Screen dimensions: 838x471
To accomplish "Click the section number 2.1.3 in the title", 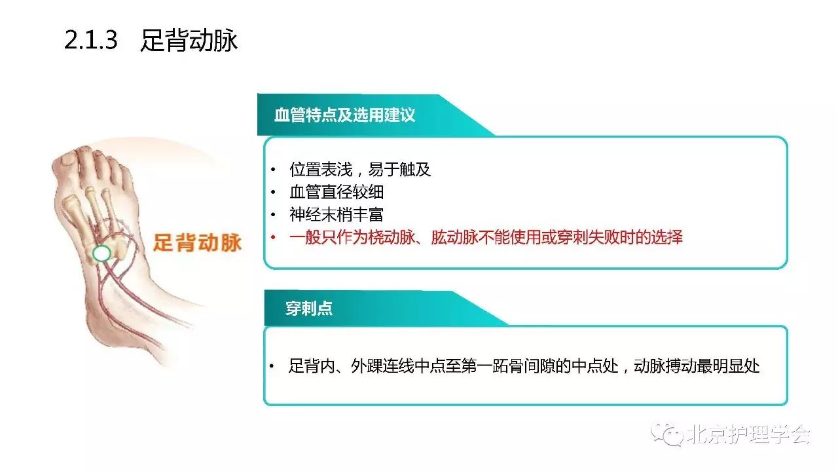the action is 91,40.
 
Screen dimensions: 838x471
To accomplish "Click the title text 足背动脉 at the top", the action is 189,40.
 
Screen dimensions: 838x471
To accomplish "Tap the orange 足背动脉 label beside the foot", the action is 198,242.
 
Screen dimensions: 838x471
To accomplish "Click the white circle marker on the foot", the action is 101,254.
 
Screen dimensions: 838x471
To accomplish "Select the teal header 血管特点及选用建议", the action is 344,115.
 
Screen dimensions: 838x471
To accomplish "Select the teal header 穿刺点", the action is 309,309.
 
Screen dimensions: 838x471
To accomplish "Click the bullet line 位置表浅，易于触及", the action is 360,170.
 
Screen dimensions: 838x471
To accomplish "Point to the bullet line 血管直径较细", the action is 337,192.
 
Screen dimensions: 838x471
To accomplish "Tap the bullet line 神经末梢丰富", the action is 337,214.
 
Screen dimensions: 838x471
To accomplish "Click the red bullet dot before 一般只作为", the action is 273,237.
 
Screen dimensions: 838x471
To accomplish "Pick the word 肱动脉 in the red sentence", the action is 454,237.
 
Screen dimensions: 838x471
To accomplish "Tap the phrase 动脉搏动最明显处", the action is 697,366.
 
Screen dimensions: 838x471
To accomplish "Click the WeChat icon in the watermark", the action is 666,434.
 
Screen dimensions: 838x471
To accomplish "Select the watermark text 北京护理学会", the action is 748,434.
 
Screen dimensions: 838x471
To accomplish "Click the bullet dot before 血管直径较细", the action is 273,192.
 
